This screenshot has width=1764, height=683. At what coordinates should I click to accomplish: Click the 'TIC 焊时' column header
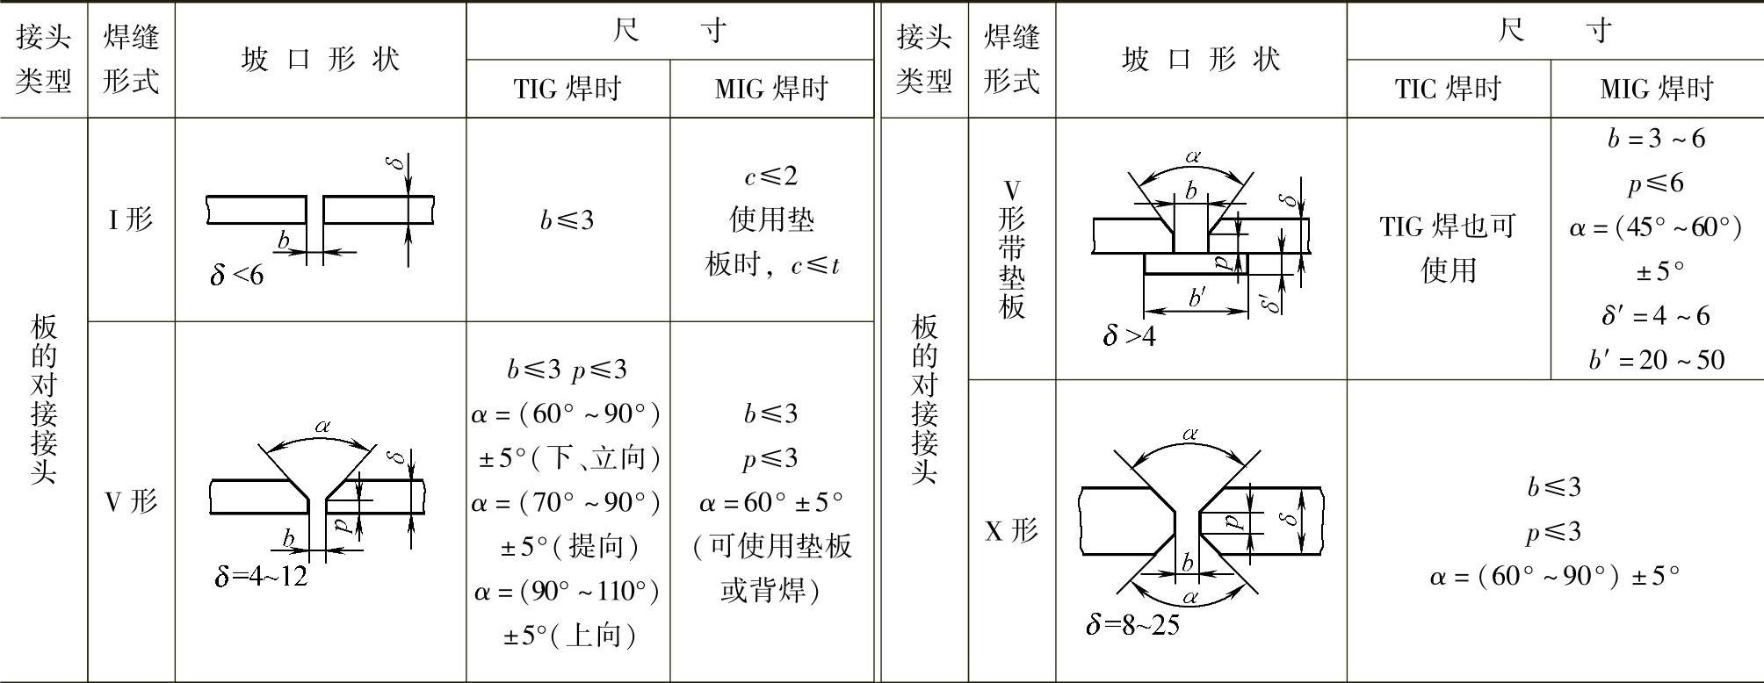pyautogui.click(x=1448, y=89)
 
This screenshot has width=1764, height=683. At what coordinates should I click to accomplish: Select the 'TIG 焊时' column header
pyautogui.click(x=568, y=89)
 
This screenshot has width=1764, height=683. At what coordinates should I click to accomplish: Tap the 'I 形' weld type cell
pyautogui.click(x=131, y=219)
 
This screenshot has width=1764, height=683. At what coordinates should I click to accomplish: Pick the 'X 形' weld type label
pyautogui.click(x=1011, y=530)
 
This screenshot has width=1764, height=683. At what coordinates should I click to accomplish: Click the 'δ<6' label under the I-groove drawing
pyautogui.click(x=236, y=275)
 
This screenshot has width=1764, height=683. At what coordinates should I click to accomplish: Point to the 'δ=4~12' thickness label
pyautogui.click(x=261, y=576)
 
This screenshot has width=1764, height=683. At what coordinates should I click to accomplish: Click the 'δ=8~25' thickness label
pyautogui.click(x=1132, y=624)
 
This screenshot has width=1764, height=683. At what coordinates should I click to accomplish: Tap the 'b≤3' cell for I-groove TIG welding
pyautogui.click(x=568, y=219)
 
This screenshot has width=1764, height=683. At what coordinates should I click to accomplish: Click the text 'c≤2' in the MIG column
pyautogui.click(x=770, y=176)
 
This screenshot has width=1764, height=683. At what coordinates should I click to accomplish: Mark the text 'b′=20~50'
pyautogui.click(x=1656, y=360)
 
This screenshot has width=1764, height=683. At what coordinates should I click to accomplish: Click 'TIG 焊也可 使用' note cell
pyautogui.click(x=1448, y=248)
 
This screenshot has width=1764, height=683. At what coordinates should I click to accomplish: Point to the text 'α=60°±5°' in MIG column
pyautogui.click(x=770, y=502)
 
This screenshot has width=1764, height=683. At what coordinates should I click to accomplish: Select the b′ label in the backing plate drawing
pyautogui.click(x=1196, y=298)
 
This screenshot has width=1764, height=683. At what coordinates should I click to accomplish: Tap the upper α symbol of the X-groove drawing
pyautogui.click(x=1190, y=434)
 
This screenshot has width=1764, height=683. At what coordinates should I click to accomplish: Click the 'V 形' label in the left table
pyautogui.click(x=131, y=501)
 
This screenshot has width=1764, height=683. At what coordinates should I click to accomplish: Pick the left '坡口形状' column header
pyautogui.click(x=320, y=60)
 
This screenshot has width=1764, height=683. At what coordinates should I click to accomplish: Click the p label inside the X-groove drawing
pyautogui.click(x=1234, y=521)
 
